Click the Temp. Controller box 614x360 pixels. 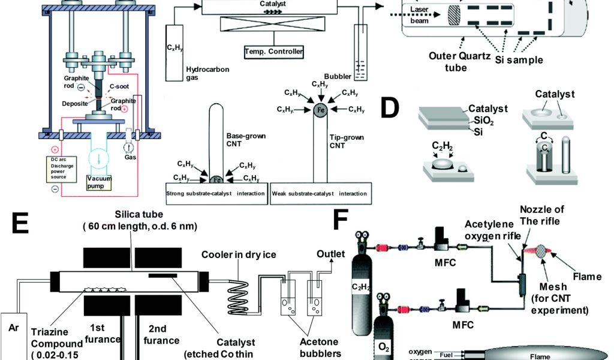coord(273,52)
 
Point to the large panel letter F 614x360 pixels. coord(341,220)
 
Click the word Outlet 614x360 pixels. coord(330,254)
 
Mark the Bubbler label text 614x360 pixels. coord(337,76)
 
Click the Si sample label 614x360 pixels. coord(519,60)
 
